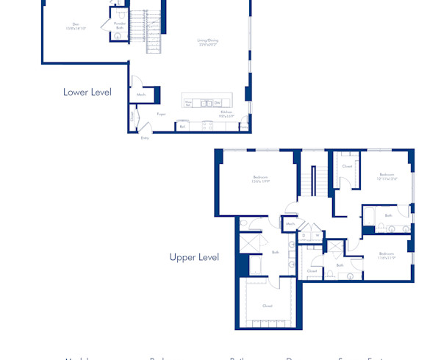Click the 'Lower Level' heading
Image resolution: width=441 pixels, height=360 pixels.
point(87,93)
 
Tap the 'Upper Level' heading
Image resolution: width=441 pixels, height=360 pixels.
point(194,257)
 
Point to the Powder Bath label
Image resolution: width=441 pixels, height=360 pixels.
point(119,25)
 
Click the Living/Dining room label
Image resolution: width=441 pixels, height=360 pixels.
point(207,42)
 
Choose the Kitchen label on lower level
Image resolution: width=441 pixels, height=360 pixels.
point(216,114)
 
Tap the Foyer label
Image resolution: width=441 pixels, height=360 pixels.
point(161,114)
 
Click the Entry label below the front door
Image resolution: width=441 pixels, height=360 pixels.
point(145,137)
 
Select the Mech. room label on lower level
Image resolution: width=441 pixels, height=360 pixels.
point(141,95)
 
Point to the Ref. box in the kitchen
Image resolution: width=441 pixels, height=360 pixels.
point(182,126)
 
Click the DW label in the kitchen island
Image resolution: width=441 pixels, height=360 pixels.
point(218,103)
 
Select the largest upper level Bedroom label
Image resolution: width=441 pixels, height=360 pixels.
point(261,179)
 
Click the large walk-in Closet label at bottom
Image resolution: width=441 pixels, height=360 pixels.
point(268,306)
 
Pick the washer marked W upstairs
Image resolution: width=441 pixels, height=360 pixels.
point(317,235)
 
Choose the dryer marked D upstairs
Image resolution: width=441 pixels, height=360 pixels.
point(304,235)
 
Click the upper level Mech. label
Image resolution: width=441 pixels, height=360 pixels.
point(290,223)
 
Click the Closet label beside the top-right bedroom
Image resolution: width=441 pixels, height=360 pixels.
point(347,166)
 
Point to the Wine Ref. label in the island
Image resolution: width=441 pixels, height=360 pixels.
point(188,104)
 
